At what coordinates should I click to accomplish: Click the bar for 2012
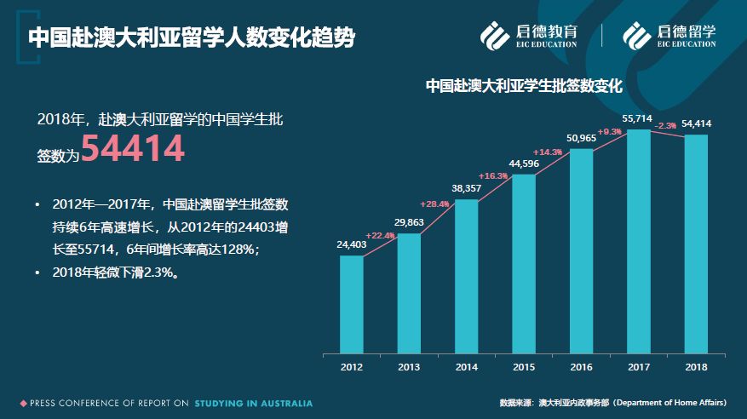point(352,304)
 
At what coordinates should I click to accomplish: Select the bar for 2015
point(524,263)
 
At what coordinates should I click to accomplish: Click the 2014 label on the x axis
point(467,367)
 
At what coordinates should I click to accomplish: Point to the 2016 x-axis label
point(582,367)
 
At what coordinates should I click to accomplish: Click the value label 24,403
point(352,245)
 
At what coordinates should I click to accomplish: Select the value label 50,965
point(582,138)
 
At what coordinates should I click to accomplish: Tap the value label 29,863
point(409,222)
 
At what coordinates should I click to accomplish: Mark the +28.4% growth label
point(434,204)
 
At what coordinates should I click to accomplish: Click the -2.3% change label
point(665,126)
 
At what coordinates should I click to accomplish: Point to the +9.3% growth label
point(609,132)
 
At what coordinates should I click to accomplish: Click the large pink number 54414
point(133,149)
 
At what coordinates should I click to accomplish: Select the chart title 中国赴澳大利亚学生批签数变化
point(524,86)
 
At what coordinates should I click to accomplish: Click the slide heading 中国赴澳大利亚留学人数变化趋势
point(191,37)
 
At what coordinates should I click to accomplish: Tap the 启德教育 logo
point(529,35)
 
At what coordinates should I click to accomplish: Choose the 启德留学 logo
point(669,35)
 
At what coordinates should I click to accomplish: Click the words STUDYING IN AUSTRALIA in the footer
point(253,403)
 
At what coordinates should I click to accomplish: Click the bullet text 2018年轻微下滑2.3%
point(115,273)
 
